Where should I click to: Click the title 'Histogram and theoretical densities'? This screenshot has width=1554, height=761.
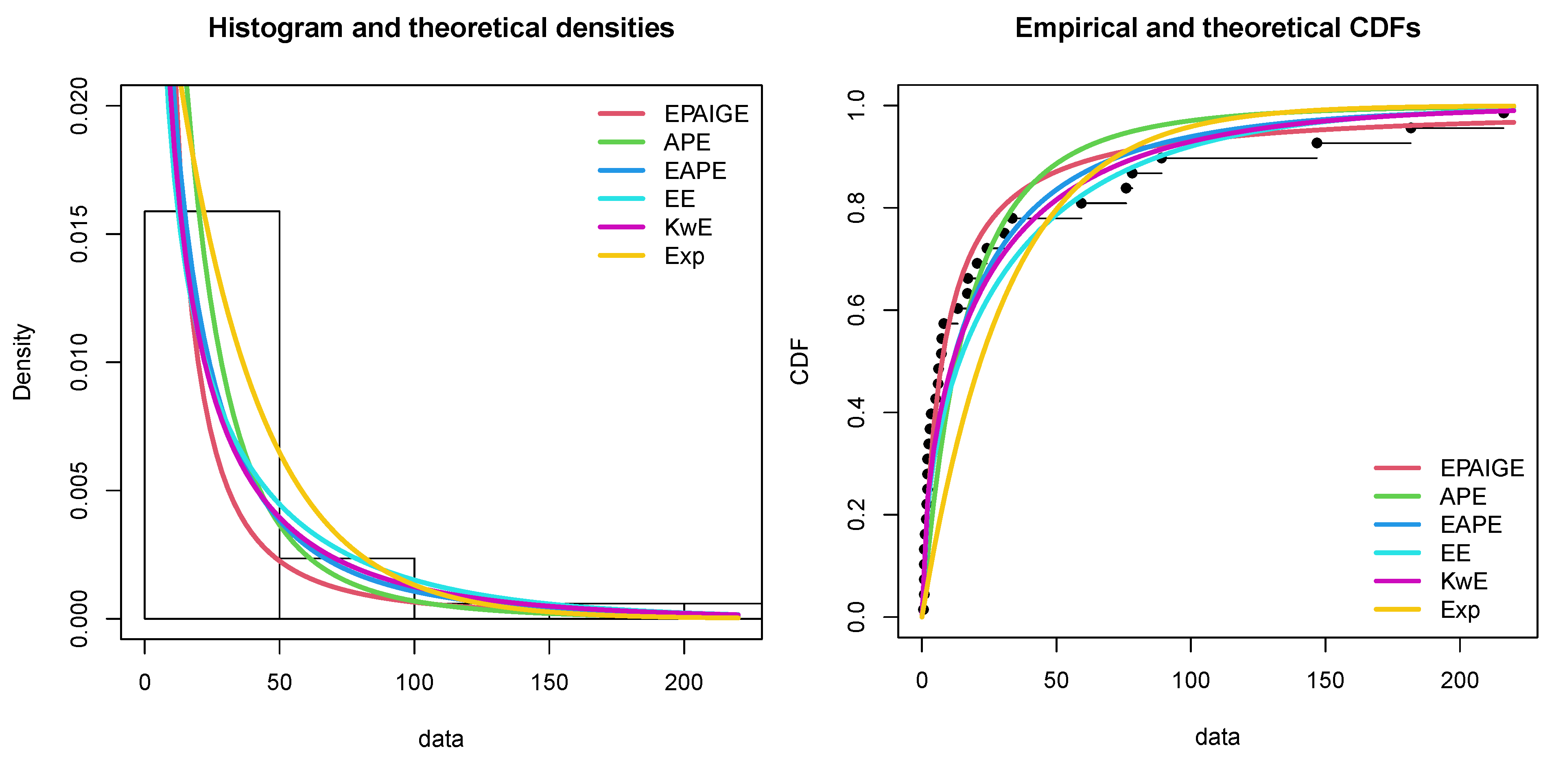441,28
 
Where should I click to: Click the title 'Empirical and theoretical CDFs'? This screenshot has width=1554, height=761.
1217,28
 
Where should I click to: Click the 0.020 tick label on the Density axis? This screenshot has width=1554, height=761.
79,106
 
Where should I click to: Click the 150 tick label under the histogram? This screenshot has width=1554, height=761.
549,683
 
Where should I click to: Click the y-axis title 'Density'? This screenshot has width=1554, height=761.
22,362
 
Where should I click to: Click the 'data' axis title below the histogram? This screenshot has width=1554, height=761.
441,739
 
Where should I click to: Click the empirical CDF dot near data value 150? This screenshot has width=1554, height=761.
1317,143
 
